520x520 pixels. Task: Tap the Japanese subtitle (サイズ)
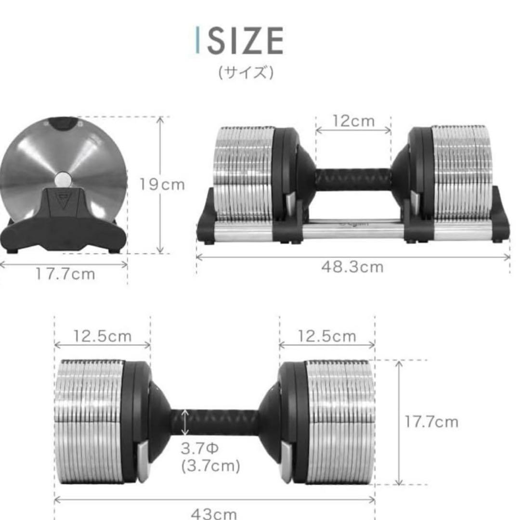(x=246, y=73)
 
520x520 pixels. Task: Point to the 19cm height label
(x=162, y=184)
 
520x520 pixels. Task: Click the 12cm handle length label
(x=353, y=121)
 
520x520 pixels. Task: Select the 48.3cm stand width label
(x=353, y=267)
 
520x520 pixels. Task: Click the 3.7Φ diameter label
(x=200, y=449)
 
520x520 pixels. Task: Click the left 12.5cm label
(x=102, y=336)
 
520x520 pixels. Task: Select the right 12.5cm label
(x=327, y=336)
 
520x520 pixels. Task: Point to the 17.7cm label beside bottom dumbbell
(x=431, y=422)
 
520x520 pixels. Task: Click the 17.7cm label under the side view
(x=65, y=274)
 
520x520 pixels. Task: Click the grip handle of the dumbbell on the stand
(x=353, y=179)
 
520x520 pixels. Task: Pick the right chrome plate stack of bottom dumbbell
(x=339, y=422)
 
